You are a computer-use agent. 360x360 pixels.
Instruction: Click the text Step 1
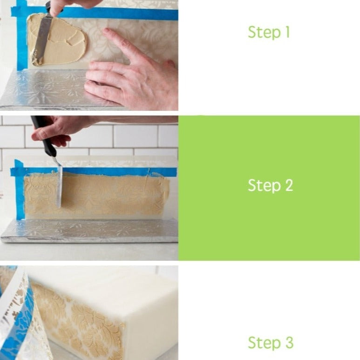pos(269,32)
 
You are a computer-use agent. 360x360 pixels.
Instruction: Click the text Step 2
pos(270,185)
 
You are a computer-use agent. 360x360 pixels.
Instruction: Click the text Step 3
pos(270,343)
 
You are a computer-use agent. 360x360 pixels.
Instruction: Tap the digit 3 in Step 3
pos(289,343)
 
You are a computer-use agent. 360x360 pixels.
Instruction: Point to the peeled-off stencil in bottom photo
pos(21,317)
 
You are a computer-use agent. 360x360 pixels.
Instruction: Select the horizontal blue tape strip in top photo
pos(116,14)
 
